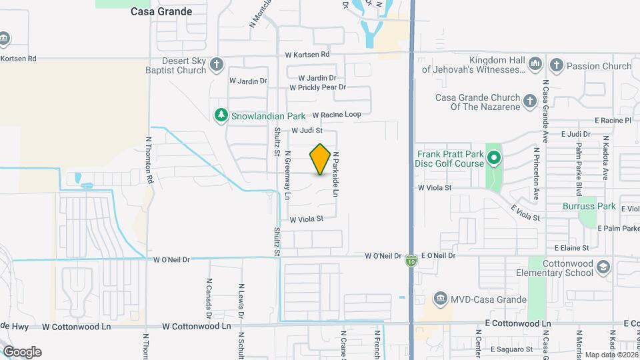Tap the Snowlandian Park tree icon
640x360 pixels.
(x=221, y=115)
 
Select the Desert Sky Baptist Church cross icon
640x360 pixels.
(x=215, y=65)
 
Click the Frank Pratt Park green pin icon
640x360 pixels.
(x=493, y=158)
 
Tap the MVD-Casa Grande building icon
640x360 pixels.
(x=439, y=297)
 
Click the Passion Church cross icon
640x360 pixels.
(x=556, y=65)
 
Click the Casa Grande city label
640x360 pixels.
(x=161, y=11)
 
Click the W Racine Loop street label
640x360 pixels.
(x=337, y=115)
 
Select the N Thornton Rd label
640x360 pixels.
(x=149, y=161)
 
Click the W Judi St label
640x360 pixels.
(x=307, y=131)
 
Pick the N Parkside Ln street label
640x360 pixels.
(x=337, y=174)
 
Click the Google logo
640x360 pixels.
(x=22, y=352)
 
